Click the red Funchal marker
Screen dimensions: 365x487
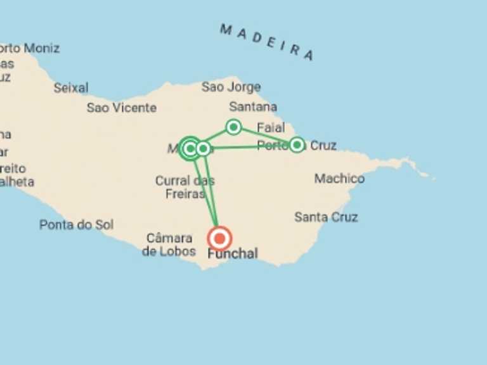click(x=219, y=239)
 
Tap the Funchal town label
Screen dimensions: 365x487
click(x=233, y=254)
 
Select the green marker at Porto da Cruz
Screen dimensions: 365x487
click(x=297, y=145)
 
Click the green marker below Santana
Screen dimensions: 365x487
click(x=233, y=127)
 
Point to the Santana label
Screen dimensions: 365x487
click(x=253, y=106)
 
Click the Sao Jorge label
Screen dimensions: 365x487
click(x=231, y=87)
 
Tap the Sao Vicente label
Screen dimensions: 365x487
click(x=121, y=108)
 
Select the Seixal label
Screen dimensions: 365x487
click(x=71, y=88)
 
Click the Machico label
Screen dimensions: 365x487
click(x=339, y=179)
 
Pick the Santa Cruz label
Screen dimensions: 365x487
click(x=326, y=217)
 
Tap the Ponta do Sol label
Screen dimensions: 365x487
click(x=76, y=224)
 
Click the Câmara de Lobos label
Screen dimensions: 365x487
click(x=169, y=245)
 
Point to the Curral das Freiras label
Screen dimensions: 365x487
click(x=185, y=188)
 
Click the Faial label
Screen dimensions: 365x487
click(x=271, y=127)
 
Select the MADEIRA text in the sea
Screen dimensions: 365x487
click(x=267, y=42)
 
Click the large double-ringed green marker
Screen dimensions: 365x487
click(x=189, y=149)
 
